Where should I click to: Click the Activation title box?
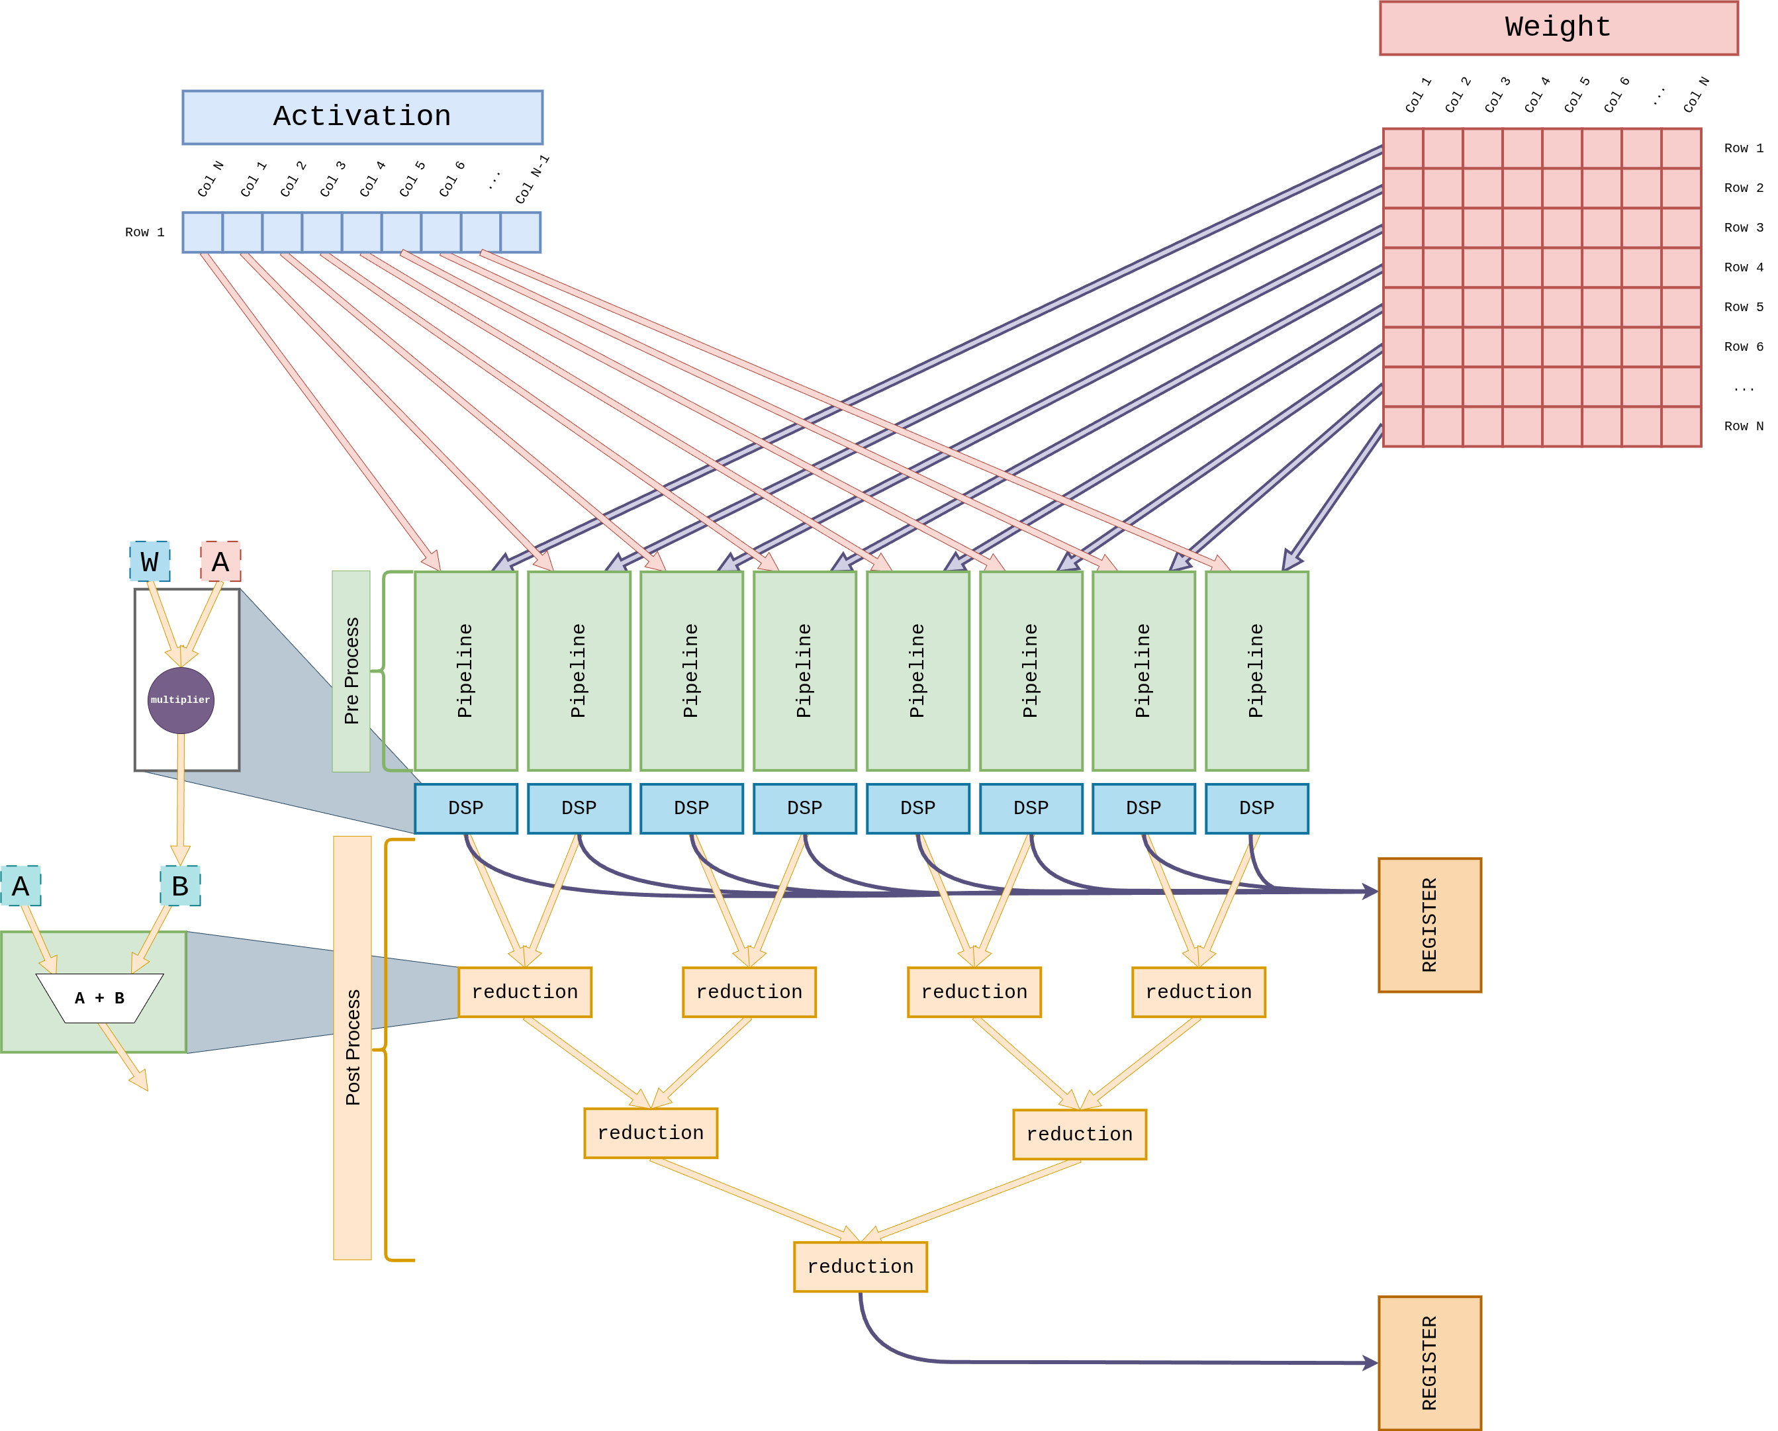pyautogui.click(x=362, y=117)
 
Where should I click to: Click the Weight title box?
pyautogui.click(x=1558, y=28)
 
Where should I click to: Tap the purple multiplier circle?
pyautogui.click(x=181, y=700)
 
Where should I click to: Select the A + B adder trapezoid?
pyautogui.click(x=100, y=998)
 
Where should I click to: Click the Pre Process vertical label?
pyautogui.click(x=351, y=671)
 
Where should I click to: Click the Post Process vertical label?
pyautogui.click(x=353, y=1048)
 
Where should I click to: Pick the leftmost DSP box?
pyautogui.click(x=466, y=808)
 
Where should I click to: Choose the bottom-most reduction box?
pyautogui.click(x=860, y=1267)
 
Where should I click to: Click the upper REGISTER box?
pyautogui.click(x=1429, y=925)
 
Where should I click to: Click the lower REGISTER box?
pyautogui.click(x=1429, y=1363)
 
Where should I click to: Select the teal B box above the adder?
pyautogui.click(x=181, y=886)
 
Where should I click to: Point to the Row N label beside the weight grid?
pyautogui.click(x=1742, y=426)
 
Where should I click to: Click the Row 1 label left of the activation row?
pyautogui.click(x=144, y=232)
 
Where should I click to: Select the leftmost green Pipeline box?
pyautogui.click(x=466, y=670)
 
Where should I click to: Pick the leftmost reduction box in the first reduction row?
pyautogui.click(x=526, y=992)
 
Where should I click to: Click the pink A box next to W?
pyautogui.click(x=221, y=562)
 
